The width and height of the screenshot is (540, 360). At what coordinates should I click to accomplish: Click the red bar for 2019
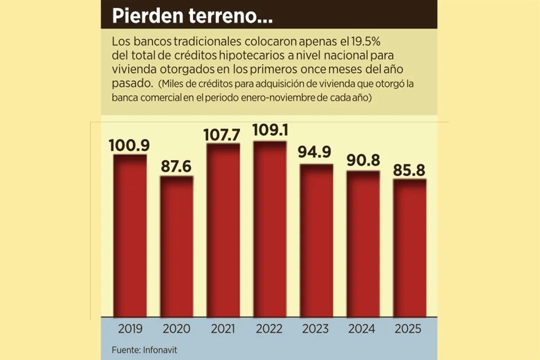click(130, 236)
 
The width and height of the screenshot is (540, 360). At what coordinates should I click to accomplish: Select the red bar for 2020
click(177, 247)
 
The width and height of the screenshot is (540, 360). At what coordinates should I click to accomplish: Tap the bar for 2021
click(223, 231)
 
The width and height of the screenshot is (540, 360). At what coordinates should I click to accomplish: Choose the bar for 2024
click(363, 244)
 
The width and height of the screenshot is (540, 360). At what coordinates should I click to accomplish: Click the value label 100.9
click(129, 146)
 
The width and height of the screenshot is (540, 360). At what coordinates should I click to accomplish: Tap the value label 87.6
click(177, 167)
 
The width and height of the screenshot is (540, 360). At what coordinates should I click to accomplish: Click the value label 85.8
click(409, 170)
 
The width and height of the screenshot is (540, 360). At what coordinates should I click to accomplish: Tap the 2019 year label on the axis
click(130, 328)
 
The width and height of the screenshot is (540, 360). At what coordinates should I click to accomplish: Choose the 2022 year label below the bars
click(270, 328)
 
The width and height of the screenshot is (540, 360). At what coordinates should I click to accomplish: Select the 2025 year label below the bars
click(409, 328)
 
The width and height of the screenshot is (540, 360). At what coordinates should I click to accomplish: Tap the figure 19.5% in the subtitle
click(366, 42)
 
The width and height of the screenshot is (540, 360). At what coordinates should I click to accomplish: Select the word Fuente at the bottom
click(125, 350)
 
